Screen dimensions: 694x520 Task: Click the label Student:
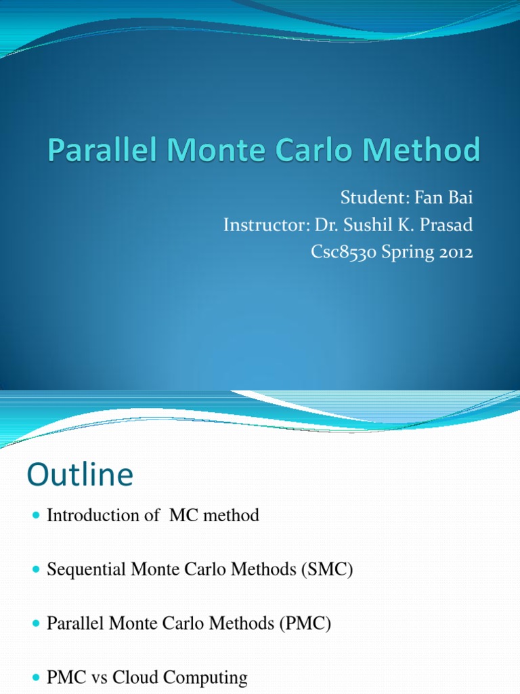[x=370, y=200]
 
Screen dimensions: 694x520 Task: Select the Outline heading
[x=80, y=475]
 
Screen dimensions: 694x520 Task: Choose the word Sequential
[x=84, y=570]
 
